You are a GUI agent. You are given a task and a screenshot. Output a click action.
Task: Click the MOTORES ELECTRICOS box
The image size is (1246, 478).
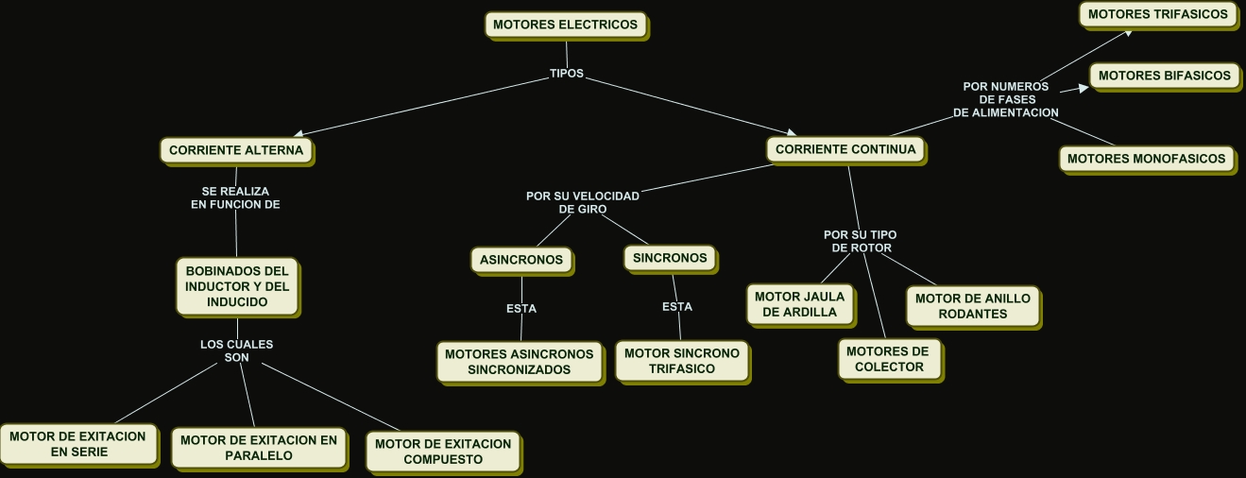(566, 25)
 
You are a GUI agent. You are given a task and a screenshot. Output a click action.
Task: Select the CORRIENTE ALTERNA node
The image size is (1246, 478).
(236, 150)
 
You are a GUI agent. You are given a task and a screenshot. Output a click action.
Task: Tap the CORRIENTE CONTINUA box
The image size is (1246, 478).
(845, 149)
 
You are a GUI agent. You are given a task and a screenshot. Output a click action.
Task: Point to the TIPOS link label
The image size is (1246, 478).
(567, 74)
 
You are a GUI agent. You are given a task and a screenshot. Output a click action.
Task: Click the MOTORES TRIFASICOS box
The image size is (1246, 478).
(1157, 15)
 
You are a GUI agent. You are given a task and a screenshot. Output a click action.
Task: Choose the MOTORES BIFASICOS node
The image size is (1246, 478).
(1164, 76)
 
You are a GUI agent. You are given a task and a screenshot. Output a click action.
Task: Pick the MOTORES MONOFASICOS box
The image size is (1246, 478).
(1146, 160)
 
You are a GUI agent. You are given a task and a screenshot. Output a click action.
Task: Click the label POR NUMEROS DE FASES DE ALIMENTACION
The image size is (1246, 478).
(1006, 99)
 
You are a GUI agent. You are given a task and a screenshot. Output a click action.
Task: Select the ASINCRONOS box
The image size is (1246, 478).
(521, 260)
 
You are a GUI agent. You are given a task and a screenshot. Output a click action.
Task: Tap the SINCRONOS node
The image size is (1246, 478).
(670, 258)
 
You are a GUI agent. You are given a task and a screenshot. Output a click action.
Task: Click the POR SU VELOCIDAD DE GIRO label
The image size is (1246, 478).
(583, 202)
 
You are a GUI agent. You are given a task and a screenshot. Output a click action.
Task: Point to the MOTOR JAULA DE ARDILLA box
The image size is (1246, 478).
(800, 304)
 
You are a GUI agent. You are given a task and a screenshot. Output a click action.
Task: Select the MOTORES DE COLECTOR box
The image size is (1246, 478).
(888, 359)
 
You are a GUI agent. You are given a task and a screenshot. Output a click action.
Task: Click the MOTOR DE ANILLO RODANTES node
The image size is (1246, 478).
(973, 306)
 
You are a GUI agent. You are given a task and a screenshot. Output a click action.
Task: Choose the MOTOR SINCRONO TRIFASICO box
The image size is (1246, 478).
(681, 361)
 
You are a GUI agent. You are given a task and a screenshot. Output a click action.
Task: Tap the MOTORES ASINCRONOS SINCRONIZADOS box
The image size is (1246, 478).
(519, 362)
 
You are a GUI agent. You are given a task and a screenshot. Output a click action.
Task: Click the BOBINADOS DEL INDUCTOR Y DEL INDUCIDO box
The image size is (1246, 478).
(237, 287)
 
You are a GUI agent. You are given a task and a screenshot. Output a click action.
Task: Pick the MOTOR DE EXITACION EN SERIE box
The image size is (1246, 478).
(78, 444)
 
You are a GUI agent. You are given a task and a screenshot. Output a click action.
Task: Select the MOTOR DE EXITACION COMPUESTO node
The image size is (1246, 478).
(442, 452)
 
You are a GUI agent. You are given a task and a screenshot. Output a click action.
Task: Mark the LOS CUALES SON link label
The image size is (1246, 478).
(236, 351)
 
